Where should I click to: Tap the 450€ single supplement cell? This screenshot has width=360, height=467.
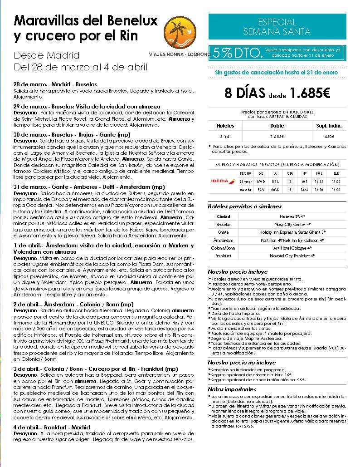tap(329, 137)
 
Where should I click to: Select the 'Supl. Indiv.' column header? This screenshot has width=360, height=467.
tap(329, 126)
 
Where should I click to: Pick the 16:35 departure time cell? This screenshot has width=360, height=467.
tap(319, 181)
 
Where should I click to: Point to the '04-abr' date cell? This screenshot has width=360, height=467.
tap(245, 189)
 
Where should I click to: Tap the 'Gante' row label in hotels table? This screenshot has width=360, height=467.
tap(223, 232)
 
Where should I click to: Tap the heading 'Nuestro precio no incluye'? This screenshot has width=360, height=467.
tap(242, 363)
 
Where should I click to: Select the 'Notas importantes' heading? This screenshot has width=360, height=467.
tap(232, 389)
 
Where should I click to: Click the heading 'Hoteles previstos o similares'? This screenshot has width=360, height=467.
tap(244, 206)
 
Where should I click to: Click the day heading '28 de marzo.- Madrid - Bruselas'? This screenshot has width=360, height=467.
tap(55, 84)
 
